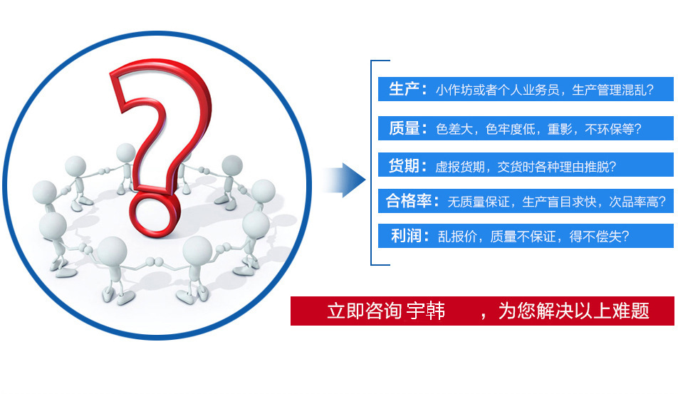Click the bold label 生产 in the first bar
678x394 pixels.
404,90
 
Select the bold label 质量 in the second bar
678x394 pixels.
404,128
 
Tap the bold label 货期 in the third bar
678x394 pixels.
404,165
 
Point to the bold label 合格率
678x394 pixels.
409,201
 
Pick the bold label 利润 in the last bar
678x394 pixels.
406,236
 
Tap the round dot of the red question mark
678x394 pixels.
155,213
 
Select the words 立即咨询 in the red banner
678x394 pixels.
364,311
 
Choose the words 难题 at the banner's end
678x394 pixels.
630,311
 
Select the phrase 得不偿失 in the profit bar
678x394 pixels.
595,237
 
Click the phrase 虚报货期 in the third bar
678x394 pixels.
460,167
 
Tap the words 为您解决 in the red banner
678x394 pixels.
536,311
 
